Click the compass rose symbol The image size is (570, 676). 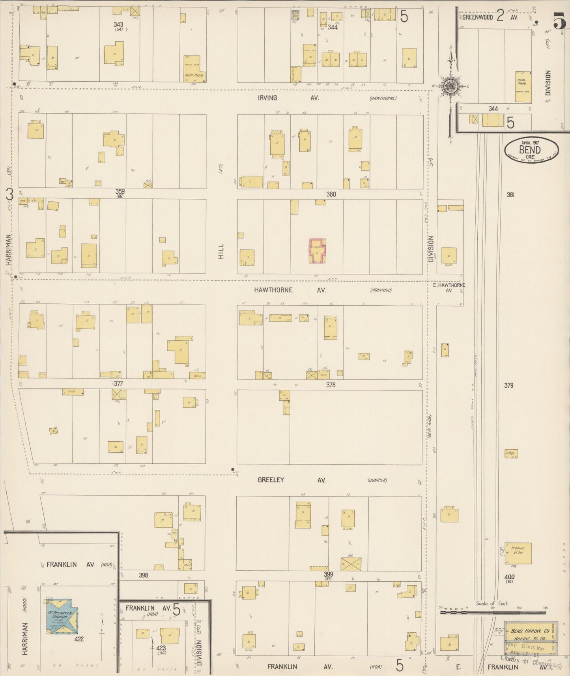pyautogui.click(x=450, y=86)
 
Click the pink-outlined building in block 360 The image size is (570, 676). pyautogui.click(x=317, y=251)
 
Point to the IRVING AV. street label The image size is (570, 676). pyautogui.click(x=288, y=98)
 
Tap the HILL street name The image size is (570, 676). pyautogui.click(x=221, y=251)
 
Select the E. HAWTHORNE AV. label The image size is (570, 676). pyautogui.click(x=449, y=288)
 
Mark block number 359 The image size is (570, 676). pyautogui.click(x=120, y=192)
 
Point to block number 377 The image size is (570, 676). pyautogui.click(x=118, y=383)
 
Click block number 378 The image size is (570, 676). pyautogui.click(x=331, y=385)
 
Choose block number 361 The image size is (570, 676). pyautogui.click(x=511, y=194)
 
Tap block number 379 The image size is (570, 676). pyautogui.click(x=509, y=385)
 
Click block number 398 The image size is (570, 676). pyautogui.click(x=143, y=575)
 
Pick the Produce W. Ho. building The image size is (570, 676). pyautogui.click(x=518, y=553)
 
